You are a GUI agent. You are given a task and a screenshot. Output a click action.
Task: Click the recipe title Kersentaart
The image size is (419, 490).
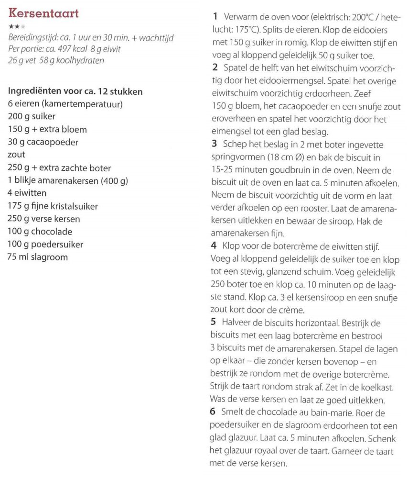click(43, 13)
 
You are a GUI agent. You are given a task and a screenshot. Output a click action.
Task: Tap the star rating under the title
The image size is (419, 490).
click(16, 26)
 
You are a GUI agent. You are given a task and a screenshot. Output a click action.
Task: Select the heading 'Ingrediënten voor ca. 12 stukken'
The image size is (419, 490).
click(75, 91)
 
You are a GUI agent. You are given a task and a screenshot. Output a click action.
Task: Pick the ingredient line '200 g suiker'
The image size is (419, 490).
click(32, 116)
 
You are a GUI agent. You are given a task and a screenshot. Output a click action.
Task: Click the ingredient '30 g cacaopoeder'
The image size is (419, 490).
click(43, 142)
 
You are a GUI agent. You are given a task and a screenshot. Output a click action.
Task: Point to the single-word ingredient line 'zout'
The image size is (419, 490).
click(17, 155)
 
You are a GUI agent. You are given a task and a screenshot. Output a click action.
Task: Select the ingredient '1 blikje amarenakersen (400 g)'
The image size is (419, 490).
click(68, 180)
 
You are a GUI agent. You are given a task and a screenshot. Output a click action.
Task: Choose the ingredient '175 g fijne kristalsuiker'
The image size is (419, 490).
click(53, 206)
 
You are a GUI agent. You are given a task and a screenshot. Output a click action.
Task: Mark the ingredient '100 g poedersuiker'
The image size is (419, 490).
click(45, 245)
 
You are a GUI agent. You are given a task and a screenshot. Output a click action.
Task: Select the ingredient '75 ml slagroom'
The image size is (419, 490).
click(38, 257)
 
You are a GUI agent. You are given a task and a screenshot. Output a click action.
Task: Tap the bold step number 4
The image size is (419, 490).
click(214, 246)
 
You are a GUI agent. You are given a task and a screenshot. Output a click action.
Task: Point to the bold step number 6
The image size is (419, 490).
click(213, 412)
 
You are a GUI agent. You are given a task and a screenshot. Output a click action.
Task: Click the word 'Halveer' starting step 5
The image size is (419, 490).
click(237, 323)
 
